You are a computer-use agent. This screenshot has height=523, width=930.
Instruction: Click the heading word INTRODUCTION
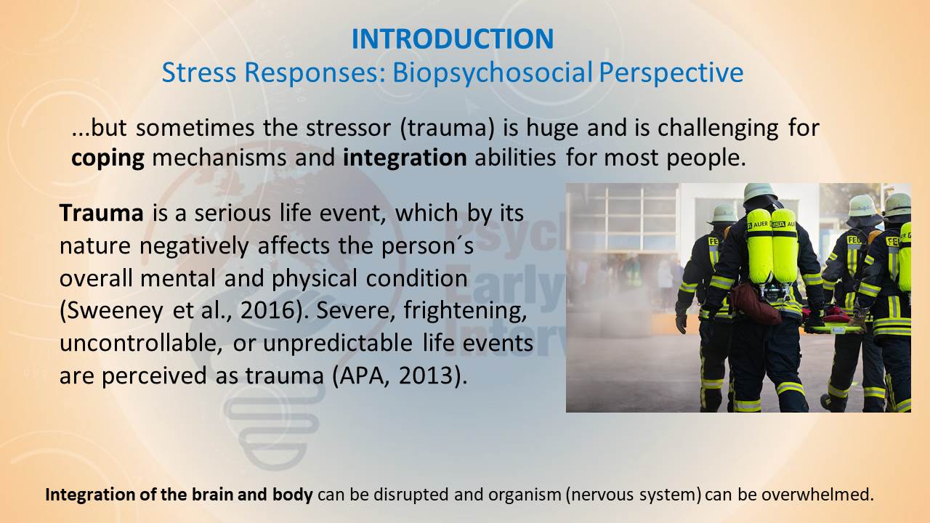click(x=453, y=38)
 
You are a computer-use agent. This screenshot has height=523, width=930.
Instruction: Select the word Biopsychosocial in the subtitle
click(x=493, y=73)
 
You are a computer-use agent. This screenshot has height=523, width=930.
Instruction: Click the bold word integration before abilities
click(x=405, y=158)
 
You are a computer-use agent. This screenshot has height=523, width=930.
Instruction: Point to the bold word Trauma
click(x=102, y=213)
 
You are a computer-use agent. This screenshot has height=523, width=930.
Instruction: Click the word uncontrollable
click(x=141, y=344)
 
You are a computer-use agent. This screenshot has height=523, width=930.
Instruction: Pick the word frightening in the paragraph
click(x=464, y=311)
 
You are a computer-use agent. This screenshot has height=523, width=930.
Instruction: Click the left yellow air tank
click(x=759, y=247)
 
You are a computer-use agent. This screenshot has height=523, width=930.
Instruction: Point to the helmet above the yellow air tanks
click(x=760, y=192)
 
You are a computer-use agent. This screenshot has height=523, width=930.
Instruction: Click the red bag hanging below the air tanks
click(x=755, y=304)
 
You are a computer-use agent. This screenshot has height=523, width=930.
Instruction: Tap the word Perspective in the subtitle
click(x=671, y=73)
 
